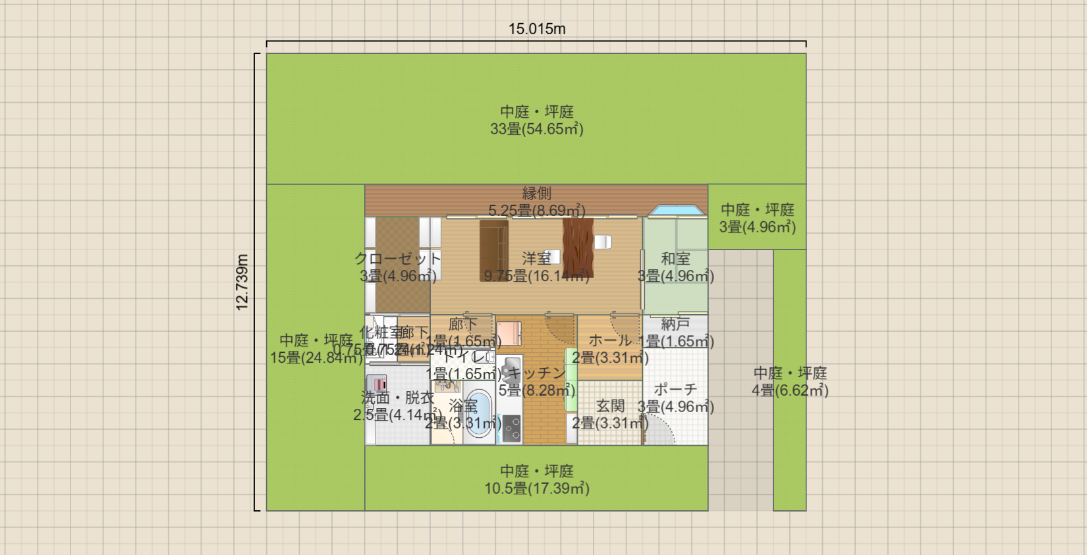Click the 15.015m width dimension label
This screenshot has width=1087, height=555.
tap(537, 29)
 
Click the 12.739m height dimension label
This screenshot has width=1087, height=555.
tap(242, 282)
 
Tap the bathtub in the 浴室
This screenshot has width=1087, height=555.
tap(479, 415)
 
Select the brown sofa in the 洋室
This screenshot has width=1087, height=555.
tap(493, 250)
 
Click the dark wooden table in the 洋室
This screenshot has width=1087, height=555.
tap(578, 248)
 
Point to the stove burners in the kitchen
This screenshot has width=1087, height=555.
tap(512, 428)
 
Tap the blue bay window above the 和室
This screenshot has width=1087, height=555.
tap(676, 211)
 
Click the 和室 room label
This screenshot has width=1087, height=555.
tap(675, 259)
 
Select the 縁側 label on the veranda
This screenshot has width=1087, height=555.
tap(536, 194)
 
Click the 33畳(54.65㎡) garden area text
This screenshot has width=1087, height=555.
tap(536, 129)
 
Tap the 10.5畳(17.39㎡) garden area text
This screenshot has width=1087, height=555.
tap(536, 489)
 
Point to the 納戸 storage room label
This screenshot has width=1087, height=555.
tap(675, 324)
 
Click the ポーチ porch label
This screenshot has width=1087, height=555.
tap(675, 390)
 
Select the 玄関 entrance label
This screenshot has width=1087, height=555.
tap(610, 406)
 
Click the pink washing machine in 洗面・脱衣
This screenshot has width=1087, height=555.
tap(377, 383)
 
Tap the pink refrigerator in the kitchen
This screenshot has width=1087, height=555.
tap(509, 333)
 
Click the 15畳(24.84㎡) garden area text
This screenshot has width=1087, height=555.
tap(316, 357)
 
